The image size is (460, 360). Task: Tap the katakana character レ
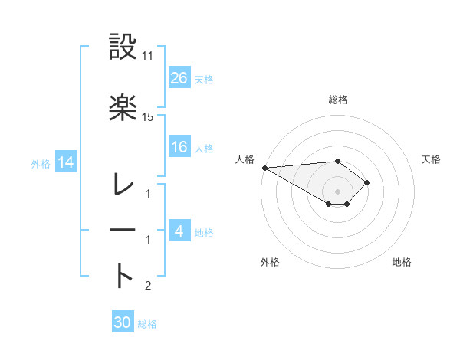tap(123, 185)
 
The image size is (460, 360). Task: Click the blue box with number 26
tap(179, 77)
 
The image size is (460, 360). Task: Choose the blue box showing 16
tap(179, 147)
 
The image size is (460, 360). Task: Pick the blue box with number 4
tap(179, 231)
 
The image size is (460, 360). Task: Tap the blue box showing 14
tap(65, 162)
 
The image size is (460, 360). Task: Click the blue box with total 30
tap(122, 322)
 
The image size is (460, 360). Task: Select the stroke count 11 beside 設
tap(148, 57)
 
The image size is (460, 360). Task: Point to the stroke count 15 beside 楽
tap(148, 116)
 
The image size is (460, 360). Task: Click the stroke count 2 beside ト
tap(148, 286)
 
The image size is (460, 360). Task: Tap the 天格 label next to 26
tap(204, 79)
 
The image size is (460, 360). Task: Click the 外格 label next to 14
tap(41, 163)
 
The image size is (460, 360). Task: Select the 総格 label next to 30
tap(147, 324)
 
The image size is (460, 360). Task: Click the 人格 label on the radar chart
tap(245, 159)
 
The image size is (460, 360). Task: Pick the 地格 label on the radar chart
tap(402, 262)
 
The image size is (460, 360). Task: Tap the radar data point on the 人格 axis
tap(264, 167)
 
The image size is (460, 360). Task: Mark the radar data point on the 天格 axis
tap(368, 182)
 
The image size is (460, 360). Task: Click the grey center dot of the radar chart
tap(337, 191)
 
